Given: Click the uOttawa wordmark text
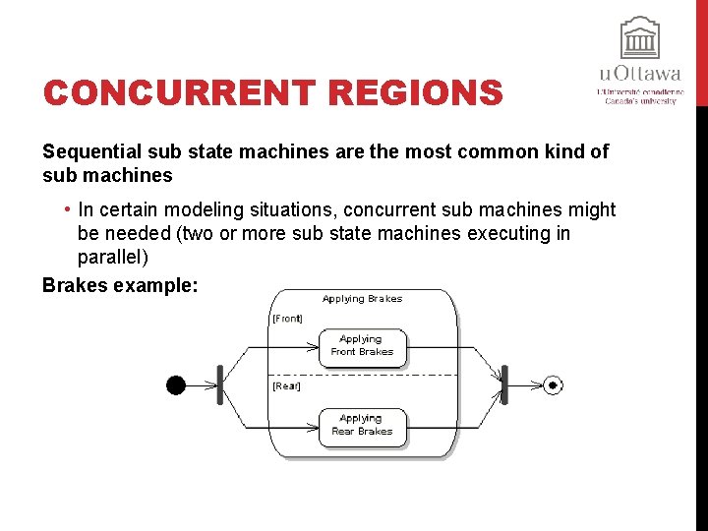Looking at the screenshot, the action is tap(640, 74).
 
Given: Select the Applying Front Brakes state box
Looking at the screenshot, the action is tap(362, 345).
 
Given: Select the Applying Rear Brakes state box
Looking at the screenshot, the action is tap(362, 426).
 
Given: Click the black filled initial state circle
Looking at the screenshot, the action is tap(176, 385).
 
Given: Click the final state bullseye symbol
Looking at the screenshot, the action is tap(553, 385).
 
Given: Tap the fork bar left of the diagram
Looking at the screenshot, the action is tap(220, 385).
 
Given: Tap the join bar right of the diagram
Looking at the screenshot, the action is tap(504, 384).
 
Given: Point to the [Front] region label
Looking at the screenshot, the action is tap(287, 319).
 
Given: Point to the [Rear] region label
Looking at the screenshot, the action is tap(286, 386).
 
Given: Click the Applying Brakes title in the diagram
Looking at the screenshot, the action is tap(362, 298).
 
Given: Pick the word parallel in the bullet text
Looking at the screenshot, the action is tap(112, 258).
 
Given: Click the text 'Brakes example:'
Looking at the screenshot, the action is tap(120, 284).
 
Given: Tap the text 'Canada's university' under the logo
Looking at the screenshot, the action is tap(640, 100).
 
